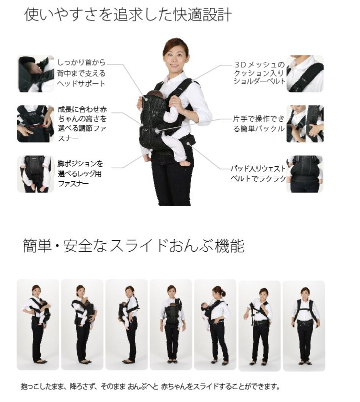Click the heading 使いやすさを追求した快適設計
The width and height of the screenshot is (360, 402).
(x=127, y=14)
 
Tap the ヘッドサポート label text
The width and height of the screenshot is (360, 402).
(x=80, y=73)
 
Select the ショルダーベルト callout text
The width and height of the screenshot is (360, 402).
(x=259, y=73)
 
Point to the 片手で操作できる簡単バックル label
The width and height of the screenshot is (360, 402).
(x=258, y=124)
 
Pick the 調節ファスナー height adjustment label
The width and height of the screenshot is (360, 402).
(x=81, y=123)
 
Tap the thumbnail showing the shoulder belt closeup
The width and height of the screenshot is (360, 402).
(x=305, y=73)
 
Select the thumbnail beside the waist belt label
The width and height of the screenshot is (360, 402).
(x=305, y=174)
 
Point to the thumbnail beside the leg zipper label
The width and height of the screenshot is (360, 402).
(x=35, y=174)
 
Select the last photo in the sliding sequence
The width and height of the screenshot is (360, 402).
(x=303, y=325)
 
